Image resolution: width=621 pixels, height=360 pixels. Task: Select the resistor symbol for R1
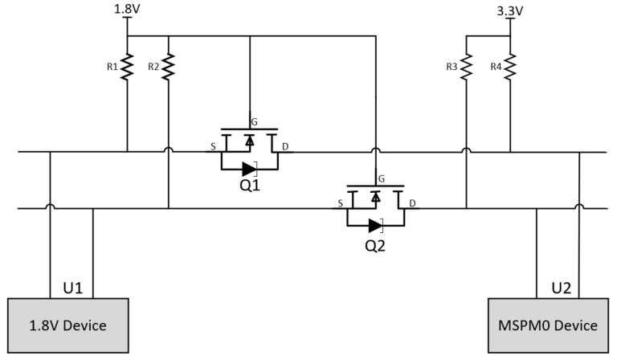click(128, 67)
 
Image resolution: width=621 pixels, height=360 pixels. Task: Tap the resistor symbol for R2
click(168, 67)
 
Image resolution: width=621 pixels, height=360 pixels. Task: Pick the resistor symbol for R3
click(466, 67)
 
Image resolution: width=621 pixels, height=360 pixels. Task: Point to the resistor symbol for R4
click(509, 67)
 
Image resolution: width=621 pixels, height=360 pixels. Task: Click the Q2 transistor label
click(375, 244)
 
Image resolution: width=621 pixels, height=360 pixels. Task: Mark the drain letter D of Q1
click(285, 146)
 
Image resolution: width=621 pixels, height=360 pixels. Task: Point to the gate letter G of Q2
click(381, 178)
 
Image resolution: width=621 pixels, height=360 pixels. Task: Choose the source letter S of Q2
click(341, 203)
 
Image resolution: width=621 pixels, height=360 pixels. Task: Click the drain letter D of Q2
click(411, 203)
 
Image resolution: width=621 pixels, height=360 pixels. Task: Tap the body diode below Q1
click(249, 169)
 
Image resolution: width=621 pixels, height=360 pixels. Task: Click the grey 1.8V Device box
click(68, 325)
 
